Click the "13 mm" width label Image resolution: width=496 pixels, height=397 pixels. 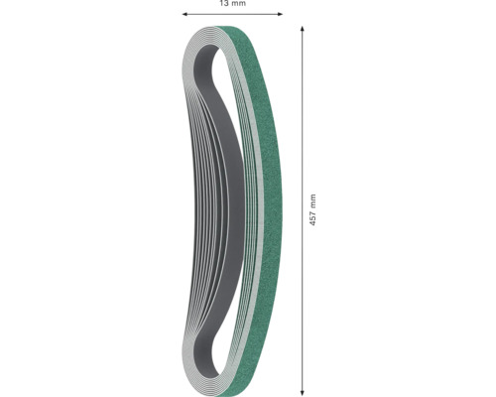click(232, 5)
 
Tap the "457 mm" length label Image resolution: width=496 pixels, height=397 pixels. click(312, 209)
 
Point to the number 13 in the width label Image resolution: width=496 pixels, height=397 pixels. click(224, 5)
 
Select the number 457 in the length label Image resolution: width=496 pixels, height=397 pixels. click(312, 217)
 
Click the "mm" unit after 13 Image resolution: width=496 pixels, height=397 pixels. click(238, 5)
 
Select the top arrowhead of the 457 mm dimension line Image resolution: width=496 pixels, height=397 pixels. click(302, 30)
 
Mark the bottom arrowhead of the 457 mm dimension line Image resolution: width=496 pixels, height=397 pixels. click(302, 388)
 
